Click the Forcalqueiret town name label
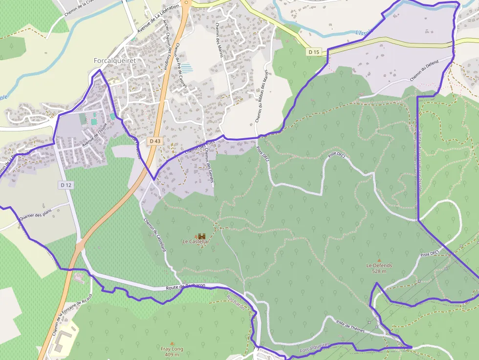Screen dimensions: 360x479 pyautogui.click(x=114, y=61)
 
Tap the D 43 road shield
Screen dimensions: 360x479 pyautogui.click(x=155, y=141)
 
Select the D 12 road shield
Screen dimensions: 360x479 pyautogui.click(x=66, y=185)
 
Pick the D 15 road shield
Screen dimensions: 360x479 pyautogui.click(x=314, y=52)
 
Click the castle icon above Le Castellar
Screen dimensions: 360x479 pyautogui.click(x=201, y=236)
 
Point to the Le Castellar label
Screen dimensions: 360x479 pyautogui.click(x=196, y=241)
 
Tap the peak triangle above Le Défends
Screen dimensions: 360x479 pyautogui.click(x=379, y=260)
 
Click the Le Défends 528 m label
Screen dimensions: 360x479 pyautogui.click(x=379, y=268)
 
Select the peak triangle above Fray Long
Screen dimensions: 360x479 pyautogui.click(x=172, y=343)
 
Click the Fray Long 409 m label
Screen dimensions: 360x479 pyautogui.click(x=172, y=351)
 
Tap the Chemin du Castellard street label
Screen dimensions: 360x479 pyautogui.click(x=155, y=234)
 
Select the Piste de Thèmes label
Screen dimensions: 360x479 pyautogui.click(x=350, y=326)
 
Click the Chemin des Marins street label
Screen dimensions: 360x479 pyautogui.click(x=218, y=40)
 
